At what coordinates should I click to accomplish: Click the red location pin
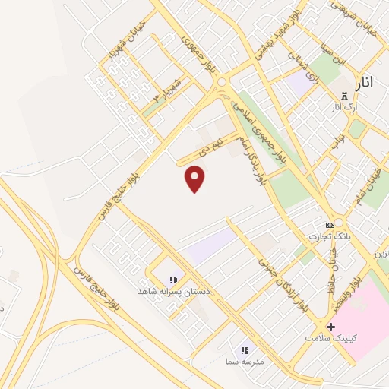click(195, 179)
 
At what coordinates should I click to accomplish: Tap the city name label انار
click(365, 83)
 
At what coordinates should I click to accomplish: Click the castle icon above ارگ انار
click(345, 96)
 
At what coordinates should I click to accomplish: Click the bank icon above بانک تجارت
click(330, 225)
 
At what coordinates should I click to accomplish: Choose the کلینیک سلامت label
click(330, 337)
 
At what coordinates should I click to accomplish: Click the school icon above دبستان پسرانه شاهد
click(173, 280)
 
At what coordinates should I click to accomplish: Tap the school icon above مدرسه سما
click(245, 350)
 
